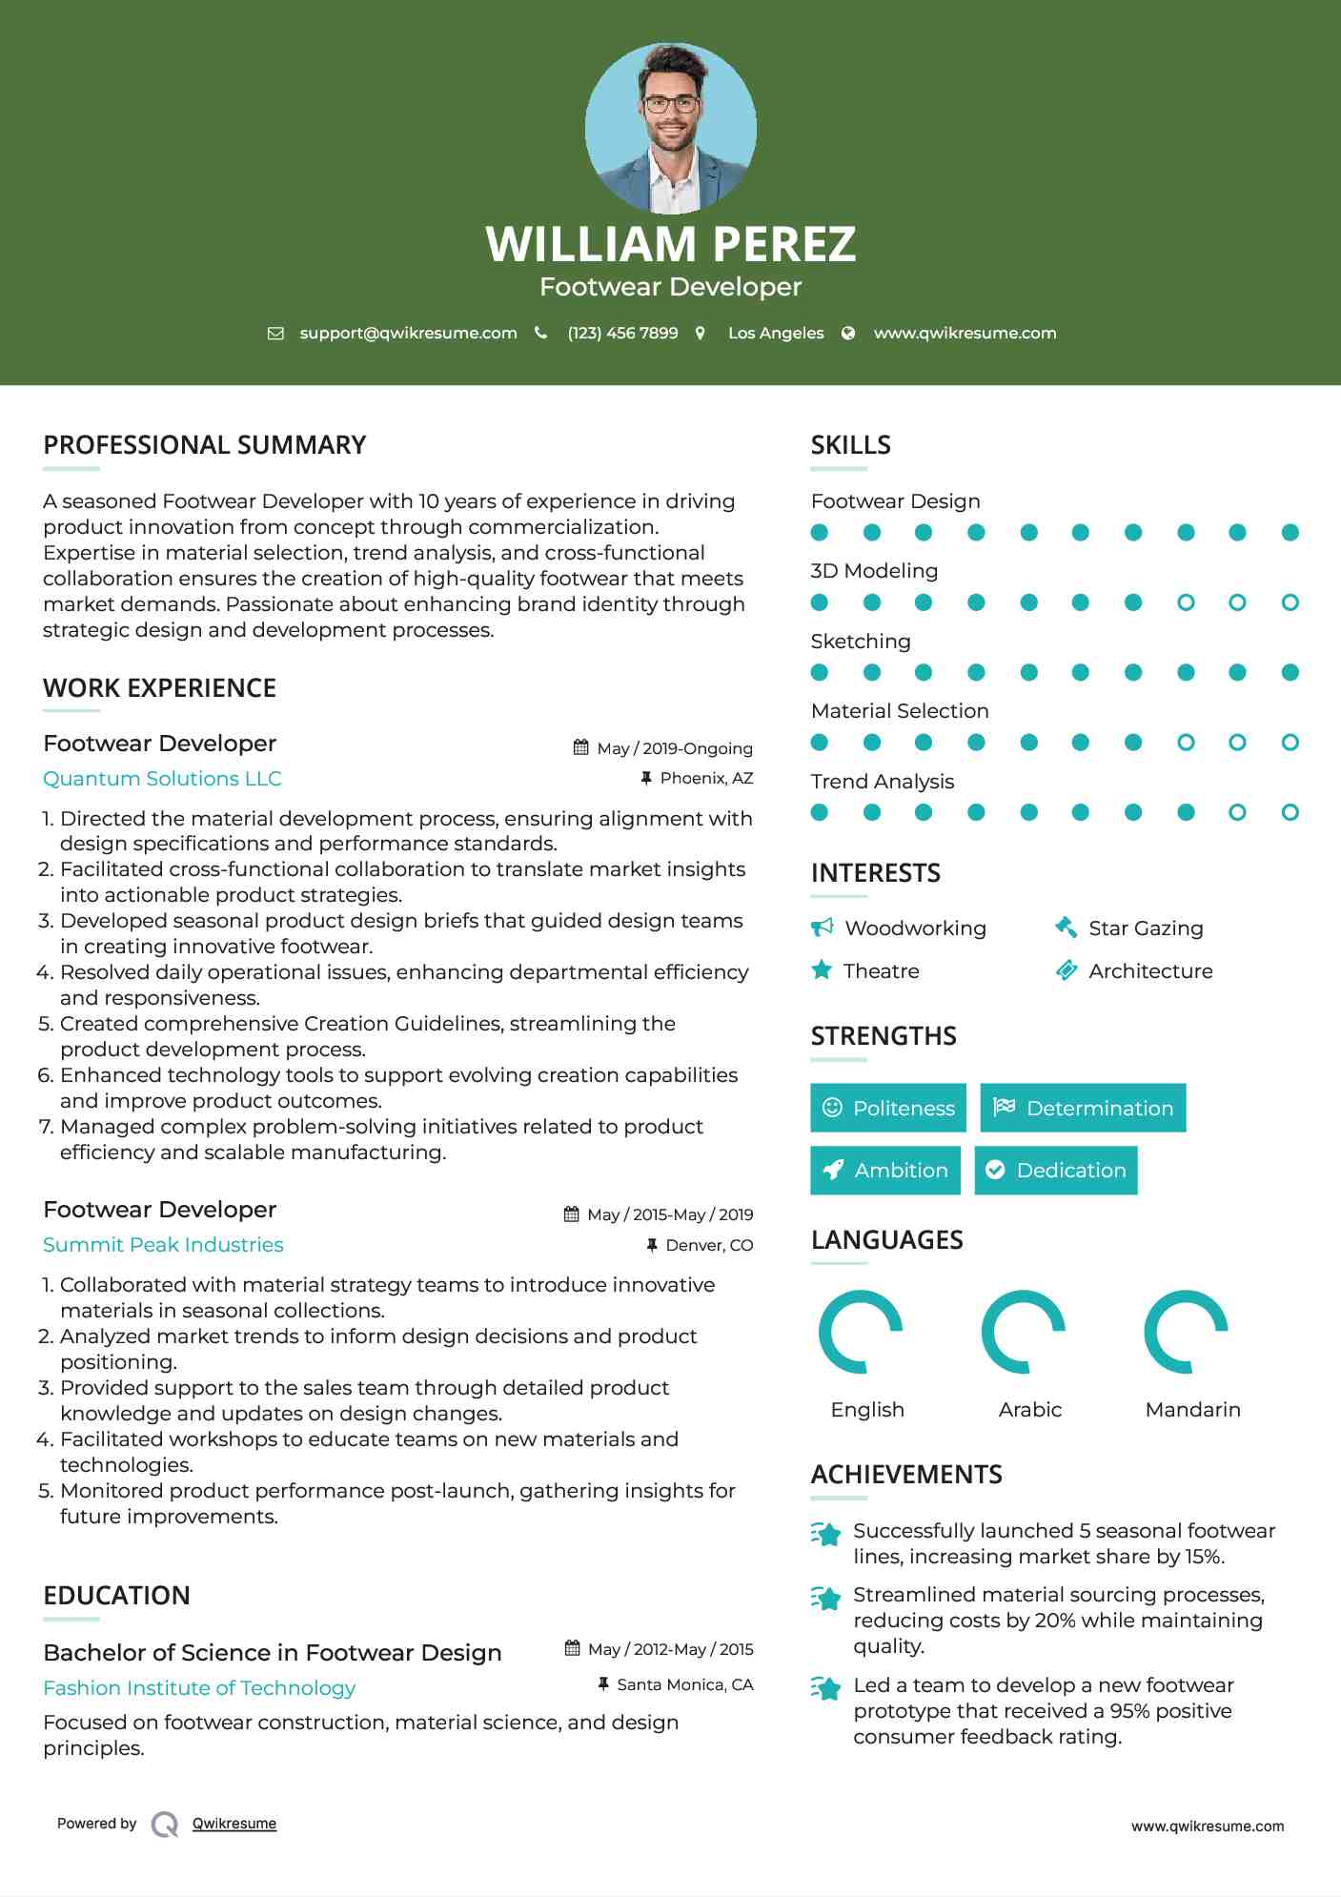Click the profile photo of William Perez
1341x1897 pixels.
(x=670, y=128)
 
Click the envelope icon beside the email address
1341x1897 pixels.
(x=275, y=334)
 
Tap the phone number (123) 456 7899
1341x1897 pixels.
(x=622, y=334)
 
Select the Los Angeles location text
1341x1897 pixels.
(x=775, y=334)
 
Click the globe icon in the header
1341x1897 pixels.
(x=848, y=334)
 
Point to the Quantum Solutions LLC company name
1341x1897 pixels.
(x=162, y=779)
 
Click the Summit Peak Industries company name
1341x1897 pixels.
(x=163, y=1245)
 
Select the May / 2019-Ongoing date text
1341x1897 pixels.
(x=674, y=748)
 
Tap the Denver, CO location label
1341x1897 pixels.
(x=709, y=1245)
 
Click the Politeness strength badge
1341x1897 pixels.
(x=888, y=1108)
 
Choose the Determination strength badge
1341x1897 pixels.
(x=1083, y=1108)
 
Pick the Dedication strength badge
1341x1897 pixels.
(x=1056, y=1171)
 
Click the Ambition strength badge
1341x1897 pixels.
(x=885, y=1171)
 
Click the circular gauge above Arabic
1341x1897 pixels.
(x=1024, y=1332)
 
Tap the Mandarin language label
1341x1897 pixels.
(x=1192, y=1410)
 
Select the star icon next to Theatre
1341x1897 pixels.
(x=822, y=970)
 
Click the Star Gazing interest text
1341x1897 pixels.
(x=1146, y=928)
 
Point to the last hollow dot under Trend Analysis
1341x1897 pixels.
(x=1290, y=812)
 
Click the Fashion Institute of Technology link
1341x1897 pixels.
(x=199, y=1688)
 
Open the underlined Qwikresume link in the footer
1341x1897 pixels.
(x=234, y=1824)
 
